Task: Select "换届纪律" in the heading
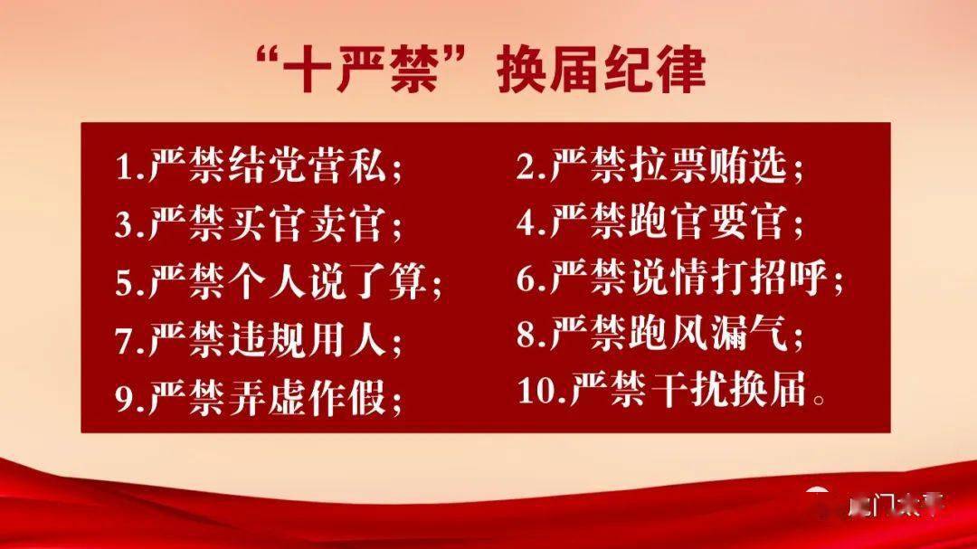click(x=602, y=71)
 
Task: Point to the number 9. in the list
click(x=129, y=398)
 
